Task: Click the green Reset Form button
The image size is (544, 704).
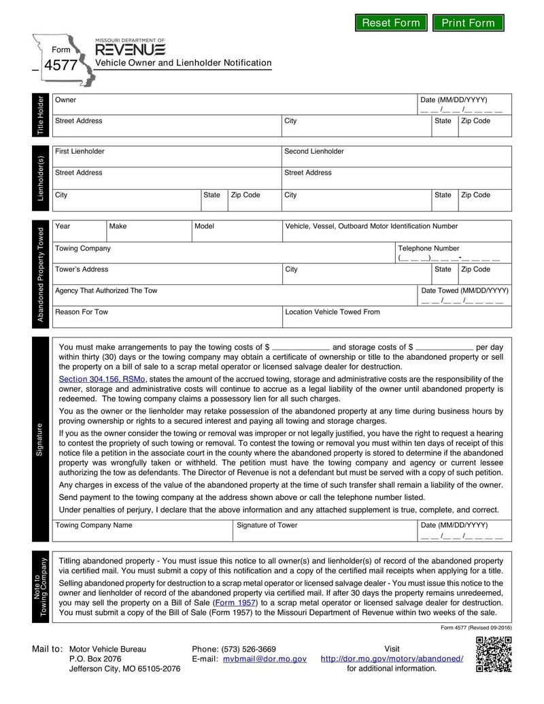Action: tap(391, 23)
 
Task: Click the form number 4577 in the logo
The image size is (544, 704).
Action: tap(61, 66)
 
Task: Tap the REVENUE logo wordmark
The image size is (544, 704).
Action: tap(129, 50)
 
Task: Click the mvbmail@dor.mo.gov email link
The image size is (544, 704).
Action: tap(268, 659)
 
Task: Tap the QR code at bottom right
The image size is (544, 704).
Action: tap(493, 654)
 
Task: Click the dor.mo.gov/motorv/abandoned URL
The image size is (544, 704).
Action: tap(392, 659)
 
